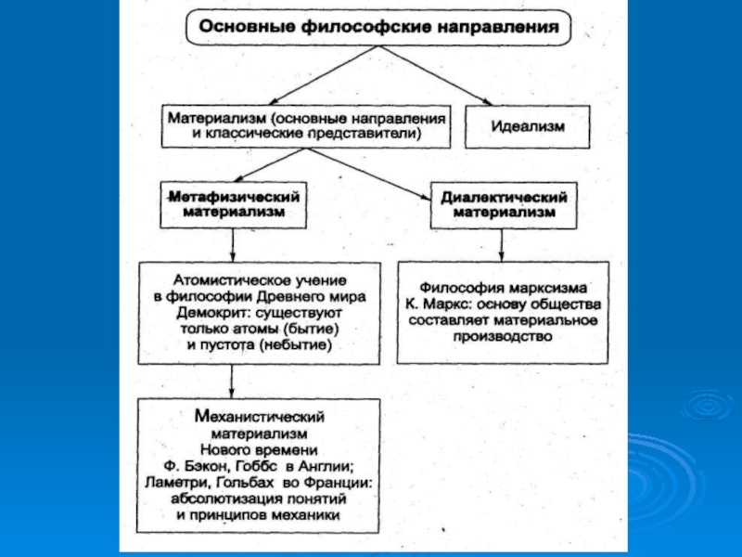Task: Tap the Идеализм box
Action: [528, 126]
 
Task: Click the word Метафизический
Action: [235, 196]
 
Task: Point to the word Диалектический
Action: [504, 197]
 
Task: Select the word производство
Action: [503, 336]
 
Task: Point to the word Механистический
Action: [260, 416]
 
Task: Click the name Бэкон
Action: [202, 466]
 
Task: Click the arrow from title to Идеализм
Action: [435, 75]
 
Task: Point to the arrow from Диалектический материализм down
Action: [501, 245]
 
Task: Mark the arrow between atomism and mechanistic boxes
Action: [231, 382]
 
